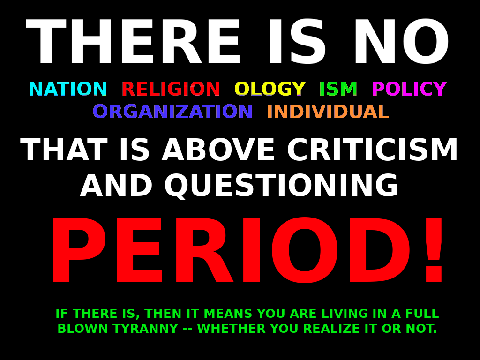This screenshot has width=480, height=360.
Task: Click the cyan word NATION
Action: pyautogui.click(x=68, y=89)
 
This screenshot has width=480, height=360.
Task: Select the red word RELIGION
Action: pyautogui.click(x=171, y=89)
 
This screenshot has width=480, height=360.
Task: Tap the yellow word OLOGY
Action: pyautogui.click(x=270, y=89)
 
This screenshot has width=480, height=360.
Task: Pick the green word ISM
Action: pyautogui.click(x=338, y=89)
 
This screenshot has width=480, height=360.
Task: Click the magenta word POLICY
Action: pyautogui.click(x=409, y=89)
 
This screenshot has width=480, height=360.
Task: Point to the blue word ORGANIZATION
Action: pyautogui.click(x=172, y=111)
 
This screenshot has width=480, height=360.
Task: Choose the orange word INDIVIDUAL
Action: pyautogui.click(x=328, y=111)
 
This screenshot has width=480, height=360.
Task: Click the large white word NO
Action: pyautogui.click(x=402, y=42)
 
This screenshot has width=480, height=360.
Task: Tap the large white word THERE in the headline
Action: pyautogui.click(x=133, y=42)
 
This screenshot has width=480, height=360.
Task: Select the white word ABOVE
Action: pyautogui.click(x=218, y=150)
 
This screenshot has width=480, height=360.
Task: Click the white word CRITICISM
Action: pyautogui.click(x=372, y=150)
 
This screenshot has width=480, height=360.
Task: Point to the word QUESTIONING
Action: pyautogui.click(x=281, y=185)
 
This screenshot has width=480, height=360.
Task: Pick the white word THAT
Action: pyautogui.click(x=64, y=150)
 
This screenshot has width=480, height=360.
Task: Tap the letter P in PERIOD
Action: pyautogui.click(x=79, y=250)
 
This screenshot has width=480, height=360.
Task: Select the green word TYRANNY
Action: pyautogui.click(x=145, y=329)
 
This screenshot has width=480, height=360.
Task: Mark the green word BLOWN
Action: pyautogui.click(x=83, y=329)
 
